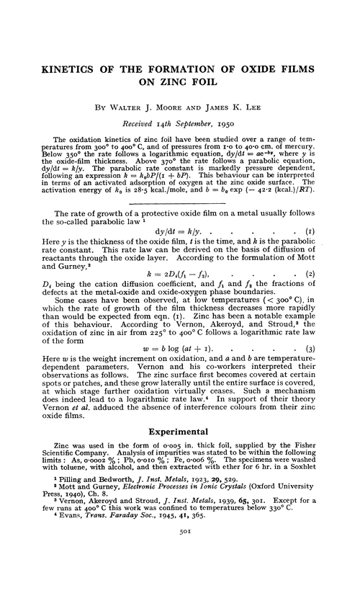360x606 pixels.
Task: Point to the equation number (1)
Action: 318,212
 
